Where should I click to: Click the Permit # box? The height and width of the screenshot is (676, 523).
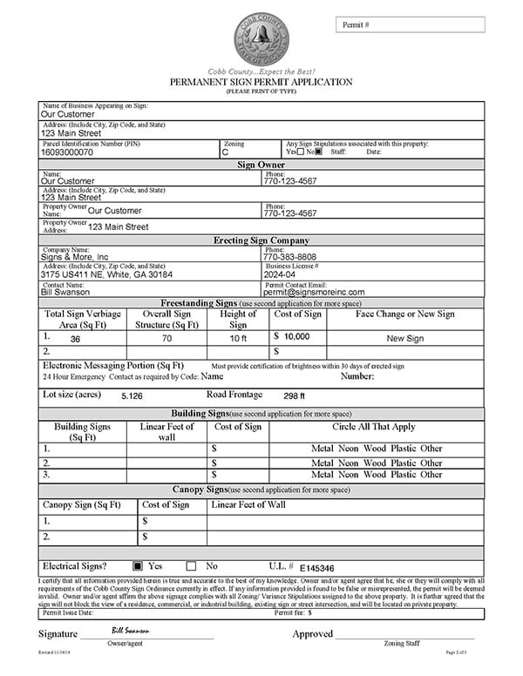coord(410,24)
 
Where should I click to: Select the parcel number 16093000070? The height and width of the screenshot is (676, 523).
coord(67,152)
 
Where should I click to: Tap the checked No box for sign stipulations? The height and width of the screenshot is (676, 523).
coord(318,152)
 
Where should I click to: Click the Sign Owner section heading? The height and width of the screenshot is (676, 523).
coord(261,164)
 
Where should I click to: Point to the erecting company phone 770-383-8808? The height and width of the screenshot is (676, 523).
coord(289,258)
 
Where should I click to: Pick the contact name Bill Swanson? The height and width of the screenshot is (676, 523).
coord(66,292)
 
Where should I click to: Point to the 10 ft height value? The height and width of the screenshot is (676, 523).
coord(238,338)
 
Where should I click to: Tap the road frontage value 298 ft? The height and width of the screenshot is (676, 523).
coord(295,395)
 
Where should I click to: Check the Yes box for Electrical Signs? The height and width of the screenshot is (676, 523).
coord(138,565)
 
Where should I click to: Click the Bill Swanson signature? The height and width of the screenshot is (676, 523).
coord(130,628)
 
